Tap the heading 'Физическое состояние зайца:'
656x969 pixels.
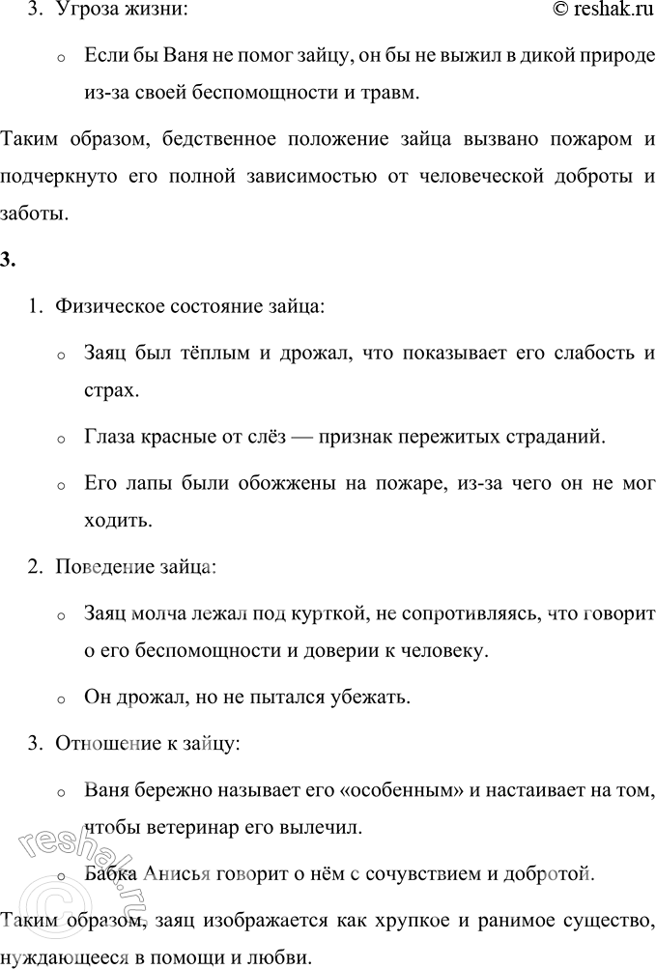pos(190,306)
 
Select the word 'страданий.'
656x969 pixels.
pos(561,437)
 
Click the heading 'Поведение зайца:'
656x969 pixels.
pos(135,567)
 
